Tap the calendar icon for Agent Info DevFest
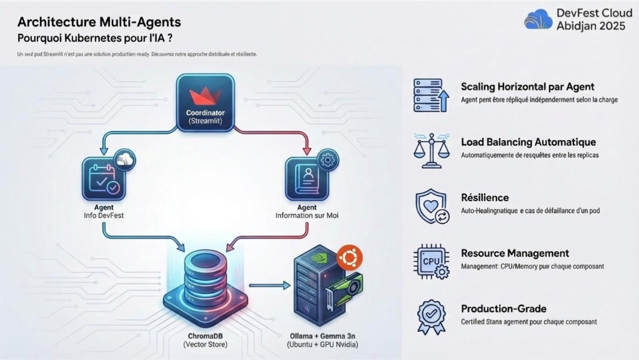104,179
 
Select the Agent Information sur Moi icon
307,179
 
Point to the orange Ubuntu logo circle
351,258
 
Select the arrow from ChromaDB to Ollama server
269,286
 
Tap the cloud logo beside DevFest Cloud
538,20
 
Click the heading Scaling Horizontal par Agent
527,87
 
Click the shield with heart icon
431,206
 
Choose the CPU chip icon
431,262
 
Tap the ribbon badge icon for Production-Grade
431,317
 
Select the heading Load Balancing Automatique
528,142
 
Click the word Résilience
485,197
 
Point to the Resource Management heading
515,253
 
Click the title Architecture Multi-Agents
99,22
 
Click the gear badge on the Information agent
324,158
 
